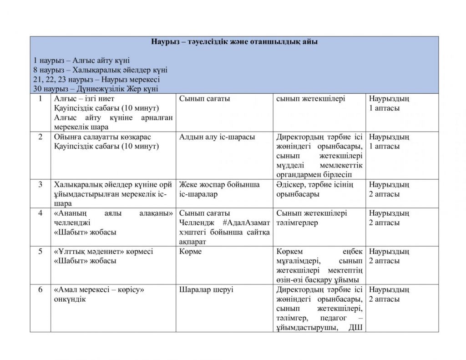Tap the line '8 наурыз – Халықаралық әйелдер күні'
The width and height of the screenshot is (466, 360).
click(x=100, y=70)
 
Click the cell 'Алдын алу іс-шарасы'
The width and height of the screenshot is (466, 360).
click(x=217, y=137)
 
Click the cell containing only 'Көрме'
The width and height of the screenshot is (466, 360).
click(x=189, y=251)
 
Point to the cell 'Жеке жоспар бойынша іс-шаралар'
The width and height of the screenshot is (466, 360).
click(x=219, y=189)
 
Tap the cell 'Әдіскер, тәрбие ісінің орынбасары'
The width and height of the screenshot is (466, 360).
click(x=314, y=189)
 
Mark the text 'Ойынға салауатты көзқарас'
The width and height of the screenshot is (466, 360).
click(x=102, y=137)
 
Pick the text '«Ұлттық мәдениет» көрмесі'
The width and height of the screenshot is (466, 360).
click(x=104, y=251)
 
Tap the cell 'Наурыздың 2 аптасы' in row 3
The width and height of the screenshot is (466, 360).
click(x=389, y=189)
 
